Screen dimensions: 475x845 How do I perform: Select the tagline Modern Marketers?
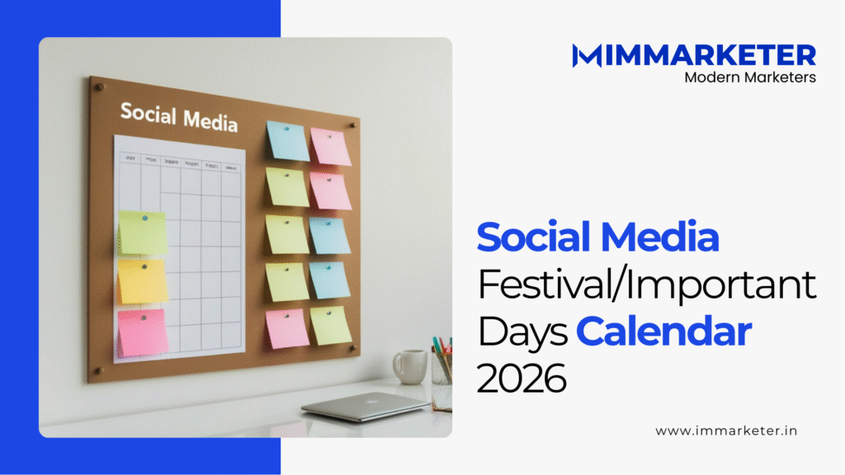coord(750,77)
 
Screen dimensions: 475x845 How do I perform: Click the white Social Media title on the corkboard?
coord(178,117)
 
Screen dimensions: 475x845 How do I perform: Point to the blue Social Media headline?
coord(597,237)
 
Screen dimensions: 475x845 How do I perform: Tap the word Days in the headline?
coord(522,332)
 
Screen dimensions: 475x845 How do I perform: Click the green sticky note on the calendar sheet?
coord(142,232)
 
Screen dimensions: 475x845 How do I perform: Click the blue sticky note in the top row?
coord(288,141)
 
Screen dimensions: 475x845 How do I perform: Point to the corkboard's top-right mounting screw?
coord(352,126)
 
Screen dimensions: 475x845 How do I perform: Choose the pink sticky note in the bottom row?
coord(288,328)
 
